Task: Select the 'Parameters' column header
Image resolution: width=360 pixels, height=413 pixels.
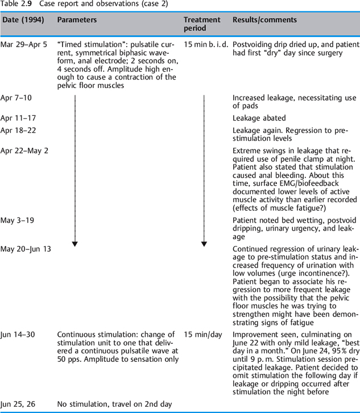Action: coord(77,20)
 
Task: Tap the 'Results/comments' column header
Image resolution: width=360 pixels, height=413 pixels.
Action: coord(264,20)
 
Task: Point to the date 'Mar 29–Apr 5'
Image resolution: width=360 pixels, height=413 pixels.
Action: coord(24,44)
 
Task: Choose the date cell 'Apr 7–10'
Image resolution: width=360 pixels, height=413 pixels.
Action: coord(16,98)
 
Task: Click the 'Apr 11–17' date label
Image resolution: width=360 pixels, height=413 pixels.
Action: coord(18,119)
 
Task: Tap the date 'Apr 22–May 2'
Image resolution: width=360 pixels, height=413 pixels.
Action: coord(24,151)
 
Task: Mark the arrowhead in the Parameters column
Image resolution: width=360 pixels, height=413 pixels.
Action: coord(75,244)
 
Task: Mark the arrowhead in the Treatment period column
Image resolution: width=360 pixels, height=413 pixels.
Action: coord(204,244)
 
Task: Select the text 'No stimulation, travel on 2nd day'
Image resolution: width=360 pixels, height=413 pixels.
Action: coord(114,404)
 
